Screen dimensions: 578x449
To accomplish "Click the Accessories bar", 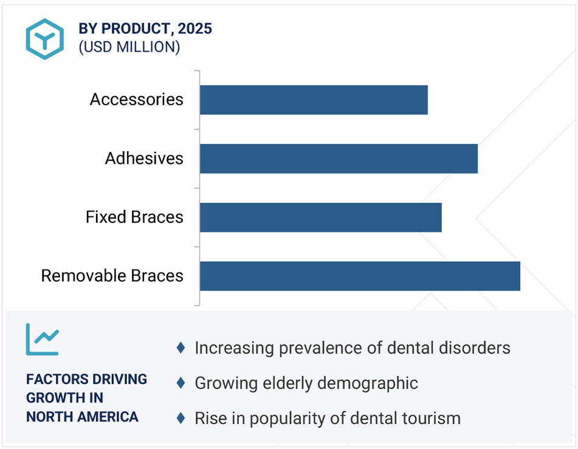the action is click(x=314, y=100).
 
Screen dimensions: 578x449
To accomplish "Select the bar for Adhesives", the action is click(x=339, y=159).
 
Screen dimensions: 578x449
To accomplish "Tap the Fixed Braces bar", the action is click(x=321, y=218).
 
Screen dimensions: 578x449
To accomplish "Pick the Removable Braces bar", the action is click(x=360, y=276).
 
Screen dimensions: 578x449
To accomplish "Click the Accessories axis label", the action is click(x=136, y=99).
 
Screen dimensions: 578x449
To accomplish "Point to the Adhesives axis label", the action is click(x=144, y=158).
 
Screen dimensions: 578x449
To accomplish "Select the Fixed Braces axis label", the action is click(x=134, y=217).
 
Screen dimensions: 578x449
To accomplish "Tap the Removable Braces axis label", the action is click(x=112, y=275).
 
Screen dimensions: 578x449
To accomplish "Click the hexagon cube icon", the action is click(x=44, y=39).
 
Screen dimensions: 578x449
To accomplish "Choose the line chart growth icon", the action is click(x=42, y=340).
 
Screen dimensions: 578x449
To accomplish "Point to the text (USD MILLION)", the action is click(x=129, y=47).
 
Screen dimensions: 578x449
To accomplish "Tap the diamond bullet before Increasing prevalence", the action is click(x=181, y=348).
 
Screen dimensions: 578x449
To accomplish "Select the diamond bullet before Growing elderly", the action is click(x=181, y=383).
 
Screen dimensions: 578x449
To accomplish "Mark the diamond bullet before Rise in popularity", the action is click(x=181, y=418).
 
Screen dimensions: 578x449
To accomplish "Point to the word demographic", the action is click(x=368, y=383).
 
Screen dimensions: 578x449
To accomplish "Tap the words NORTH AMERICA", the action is click(x=82, y=417).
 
